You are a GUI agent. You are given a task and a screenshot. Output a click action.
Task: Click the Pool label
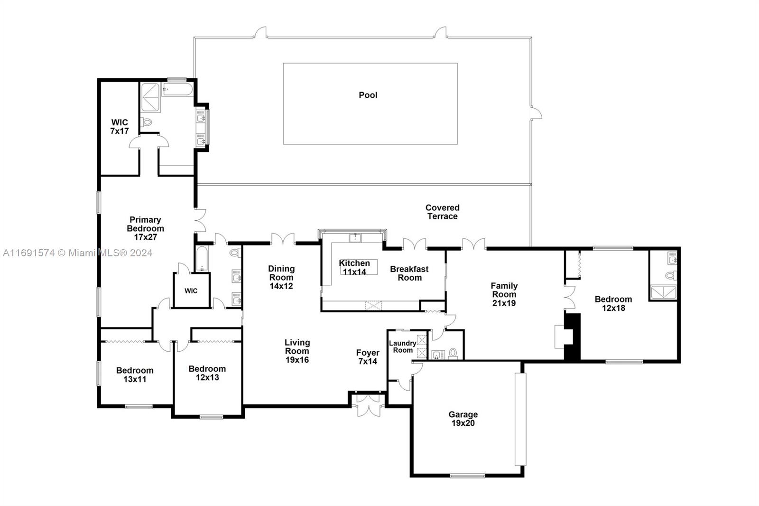tap(368, 95)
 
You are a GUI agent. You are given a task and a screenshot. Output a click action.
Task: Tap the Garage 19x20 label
tap(463, 419)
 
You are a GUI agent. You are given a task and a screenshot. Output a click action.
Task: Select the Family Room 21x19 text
tap(504, 294)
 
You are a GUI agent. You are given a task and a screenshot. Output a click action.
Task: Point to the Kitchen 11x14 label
tap(354, 267)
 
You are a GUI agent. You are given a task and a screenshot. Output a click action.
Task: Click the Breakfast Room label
tap(409, 273)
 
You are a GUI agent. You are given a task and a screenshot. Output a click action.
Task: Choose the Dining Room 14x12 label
tap(281, 277)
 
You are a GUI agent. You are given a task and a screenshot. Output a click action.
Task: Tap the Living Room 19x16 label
tap(297, 351)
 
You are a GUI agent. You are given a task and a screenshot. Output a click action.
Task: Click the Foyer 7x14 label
tap(368, 356)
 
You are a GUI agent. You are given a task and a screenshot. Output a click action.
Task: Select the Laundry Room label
tap(403, 347)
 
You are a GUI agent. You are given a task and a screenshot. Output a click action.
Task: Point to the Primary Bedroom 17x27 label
tap(145, 228)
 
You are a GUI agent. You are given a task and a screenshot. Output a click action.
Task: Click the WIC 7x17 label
tap(120, 127)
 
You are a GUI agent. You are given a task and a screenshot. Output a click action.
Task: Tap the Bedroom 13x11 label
tap(135, 375)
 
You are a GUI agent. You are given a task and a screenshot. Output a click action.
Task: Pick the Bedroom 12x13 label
tap(207, 373)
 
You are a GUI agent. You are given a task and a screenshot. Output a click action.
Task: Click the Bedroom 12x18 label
tap(613, 303)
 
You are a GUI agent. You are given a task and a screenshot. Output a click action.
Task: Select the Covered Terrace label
tap(442, 212)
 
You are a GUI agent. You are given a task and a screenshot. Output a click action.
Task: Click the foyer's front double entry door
tap(368, 406)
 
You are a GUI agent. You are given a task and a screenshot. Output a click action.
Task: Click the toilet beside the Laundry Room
tap(453, 353)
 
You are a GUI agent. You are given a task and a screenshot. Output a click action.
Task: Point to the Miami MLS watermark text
tap(77, 253)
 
